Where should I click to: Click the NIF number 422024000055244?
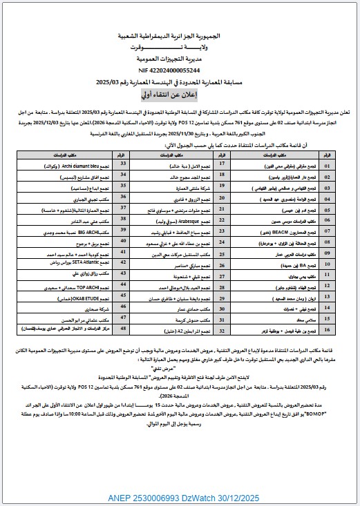[x=179, y=70]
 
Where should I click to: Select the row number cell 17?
[x=222, y=166]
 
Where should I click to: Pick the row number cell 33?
[x=124, y=166]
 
